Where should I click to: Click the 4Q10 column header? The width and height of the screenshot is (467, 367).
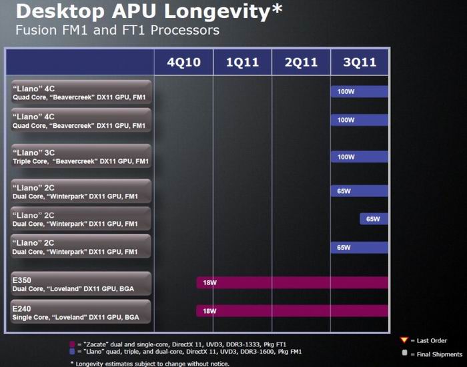click(183, 63)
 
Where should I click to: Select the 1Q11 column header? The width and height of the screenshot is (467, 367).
click(242, 63)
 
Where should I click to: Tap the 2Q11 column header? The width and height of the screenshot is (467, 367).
click(300, 63)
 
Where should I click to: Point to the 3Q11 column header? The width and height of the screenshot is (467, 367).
click(359, 63)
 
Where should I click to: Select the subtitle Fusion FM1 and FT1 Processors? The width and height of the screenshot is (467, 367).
click(117, 31)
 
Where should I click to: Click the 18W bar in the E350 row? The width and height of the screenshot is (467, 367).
click(292, 282)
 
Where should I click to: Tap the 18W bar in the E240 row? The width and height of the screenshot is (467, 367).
click(292, 311)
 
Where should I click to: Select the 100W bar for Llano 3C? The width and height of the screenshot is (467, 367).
click(359, 157)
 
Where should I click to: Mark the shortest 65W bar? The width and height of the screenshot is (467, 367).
click(374, 218)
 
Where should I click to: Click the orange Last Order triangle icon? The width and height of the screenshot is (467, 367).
click(404, 341)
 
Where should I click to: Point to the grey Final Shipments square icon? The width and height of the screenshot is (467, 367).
click(404, 353)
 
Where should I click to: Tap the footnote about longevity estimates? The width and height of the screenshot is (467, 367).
click(149, 363)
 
